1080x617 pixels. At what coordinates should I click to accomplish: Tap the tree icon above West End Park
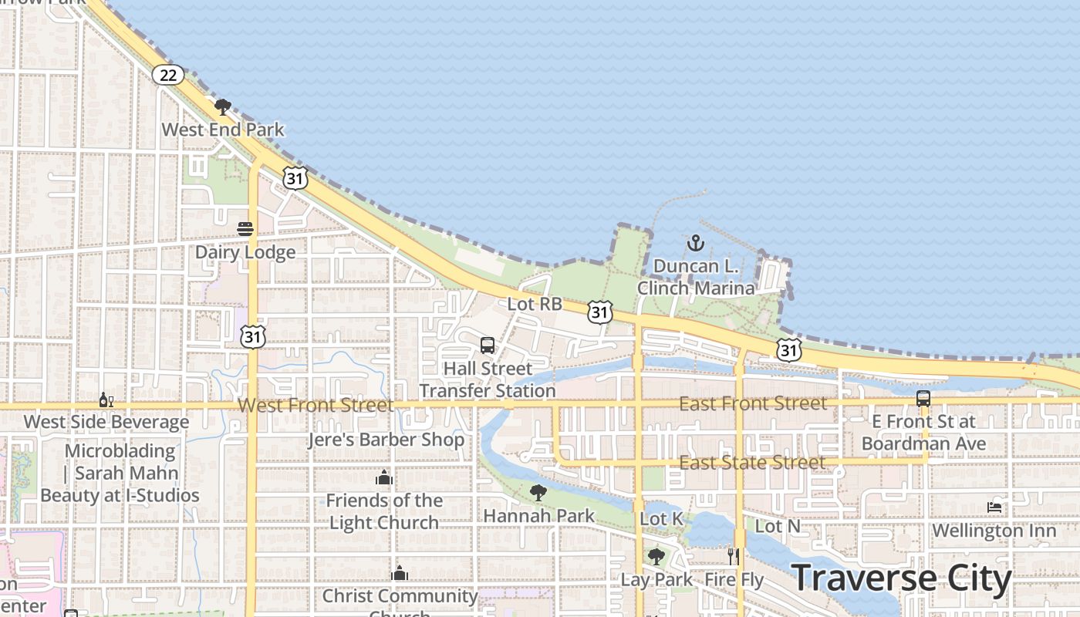coord(223,107)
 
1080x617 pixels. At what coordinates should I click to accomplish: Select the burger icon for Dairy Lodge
coord(245,229)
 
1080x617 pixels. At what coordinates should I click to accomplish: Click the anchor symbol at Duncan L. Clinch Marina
coord(696,244)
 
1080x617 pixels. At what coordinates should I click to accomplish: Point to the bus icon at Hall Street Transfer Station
coord(488,346)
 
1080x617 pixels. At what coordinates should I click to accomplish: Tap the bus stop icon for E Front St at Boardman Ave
coord(923,399)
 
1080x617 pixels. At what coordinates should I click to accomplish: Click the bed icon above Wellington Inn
coord(994,507)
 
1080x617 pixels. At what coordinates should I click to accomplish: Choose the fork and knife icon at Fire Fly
coord(734,556)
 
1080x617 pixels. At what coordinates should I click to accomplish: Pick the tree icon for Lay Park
coord(656,556)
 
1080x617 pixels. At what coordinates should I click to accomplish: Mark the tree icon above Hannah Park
coord(538,492)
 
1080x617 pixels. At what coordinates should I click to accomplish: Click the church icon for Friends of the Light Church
coord(384,478)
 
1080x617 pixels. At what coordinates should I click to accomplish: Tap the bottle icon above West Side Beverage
coord(106,400)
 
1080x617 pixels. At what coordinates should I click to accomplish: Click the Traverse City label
coord(901,579)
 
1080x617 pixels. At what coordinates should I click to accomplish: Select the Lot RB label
coord(535,304)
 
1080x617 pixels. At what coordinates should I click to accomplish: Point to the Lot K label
coord(662,519)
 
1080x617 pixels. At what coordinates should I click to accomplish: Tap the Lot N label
coord(778,526)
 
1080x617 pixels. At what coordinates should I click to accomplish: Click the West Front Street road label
coord(316,405)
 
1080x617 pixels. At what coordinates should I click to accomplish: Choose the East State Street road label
coord(752,463)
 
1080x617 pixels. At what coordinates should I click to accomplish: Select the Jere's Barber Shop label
coord(386,440)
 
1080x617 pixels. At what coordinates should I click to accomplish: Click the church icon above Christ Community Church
coord(400,574)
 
